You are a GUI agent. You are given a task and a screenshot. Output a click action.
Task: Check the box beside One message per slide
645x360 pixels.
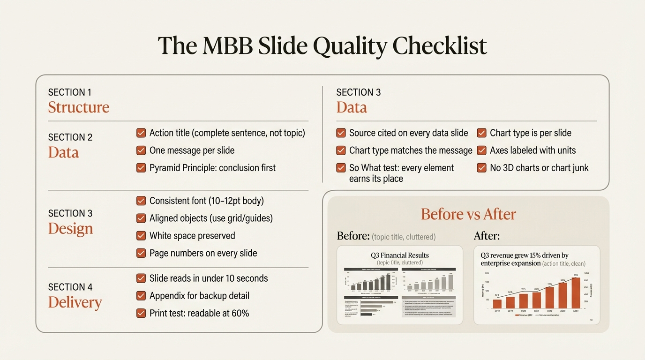tap(141, 150)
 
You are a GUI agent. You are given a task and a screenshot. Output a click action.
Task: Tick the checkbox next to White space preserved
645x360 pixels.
tap(141, 236)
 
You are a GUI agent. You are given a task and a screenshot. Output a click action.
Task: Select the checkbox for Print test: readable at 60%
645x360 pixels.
tap(141, 313)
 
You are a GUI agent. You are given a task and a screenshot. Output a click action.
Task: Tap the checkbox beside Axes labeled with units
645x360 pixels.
tap(481, 150)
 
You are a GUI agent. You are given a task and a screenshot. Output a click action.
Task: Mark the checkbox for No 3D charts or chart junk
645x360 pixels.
tap(481, 168)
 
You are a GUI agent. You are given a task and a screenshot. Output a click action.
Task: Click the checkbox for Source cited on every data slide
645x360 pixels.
tap(341, 133)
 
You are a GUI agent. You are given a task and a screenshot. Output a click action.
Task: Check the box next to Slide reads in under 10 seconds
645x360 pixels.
tap(141, 278)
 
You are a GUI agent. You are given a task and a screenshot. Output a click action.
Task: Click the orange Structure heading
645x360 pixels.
tap(78, 107)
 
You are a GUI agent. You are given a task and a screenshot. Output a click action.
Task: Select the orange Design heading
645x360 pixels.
tap(70, 228)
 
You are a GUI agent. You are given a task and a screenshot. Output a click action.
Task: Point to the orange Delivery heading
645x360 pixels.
tap(75, 302)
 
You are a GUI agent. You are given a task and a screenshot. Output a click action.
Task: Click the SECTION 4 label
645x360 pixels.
tap(70, 287)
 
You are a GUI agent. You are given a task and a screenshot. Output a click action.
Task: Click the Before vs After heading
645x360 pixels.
tap(468, 214)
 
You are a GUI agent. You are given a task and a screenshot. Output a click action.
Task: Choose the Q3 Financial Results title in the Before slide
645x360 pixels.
tap(399, 255)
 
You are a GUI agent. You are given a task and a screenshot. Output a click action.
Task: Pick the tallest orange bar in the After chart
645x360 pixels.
tap(576, 293)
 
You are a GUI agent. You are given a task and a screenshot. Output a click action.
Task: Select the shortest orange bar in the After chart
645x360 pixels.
tap(497, 304)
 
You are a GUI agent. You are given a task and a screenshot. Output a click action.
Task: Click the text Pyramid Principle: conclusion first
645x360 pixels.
tap(212, 168)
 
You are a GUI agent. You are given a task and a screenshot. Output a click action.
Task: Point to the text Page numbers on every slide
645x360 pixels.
tap(203, 253)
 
